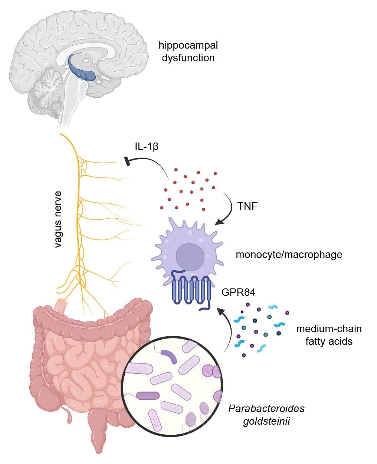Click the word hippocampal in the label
tap(188, 45)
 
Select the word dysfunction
tap(188, 58)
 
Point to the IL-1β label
tap(147, 146)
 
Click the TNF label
tap(247, 206)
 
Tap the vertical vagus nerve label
tap(58, 219)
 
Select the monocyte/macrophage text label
tap(289, 255)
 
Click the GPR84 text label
tap(238, 292)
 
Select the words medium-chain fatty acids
tap(329, 335)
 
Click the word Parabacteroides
tap(266, 408)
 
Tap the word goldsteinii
tap(266, 421)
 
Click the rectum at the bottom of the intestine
tap(98, 442)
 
